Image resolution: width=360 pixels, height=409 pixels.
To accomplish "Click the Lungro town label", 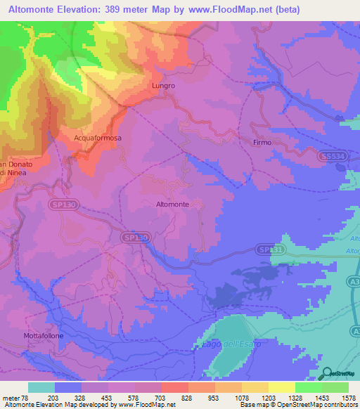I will coord(163,86).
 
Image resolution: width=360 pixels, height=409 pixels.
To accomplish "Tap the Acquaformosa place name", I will coord(98,138).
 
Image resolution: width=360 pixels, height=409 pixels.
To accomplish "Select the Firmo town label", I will coord(262,143).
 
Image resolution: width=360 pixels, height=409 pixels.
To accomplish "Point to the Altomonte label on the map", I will coord(172,204).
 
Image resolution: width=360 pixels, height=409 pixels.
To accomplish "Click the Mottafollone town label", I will coord(44,336).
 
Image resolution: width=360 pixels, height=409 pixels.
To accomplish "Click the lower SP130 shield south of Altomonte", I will coord(136,238).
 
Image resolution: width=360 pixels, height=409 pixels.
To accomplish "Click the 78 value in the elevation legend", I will coord(26,398).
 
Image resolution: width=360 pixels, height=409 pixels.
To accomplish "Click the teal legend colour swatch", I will coord(41,387).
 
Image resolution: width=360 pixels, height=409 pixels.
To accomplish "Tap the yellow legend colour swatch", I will coord(281,387).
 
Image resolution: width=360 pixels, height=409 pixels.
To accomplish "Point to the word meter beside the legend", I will coord(12,398).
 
